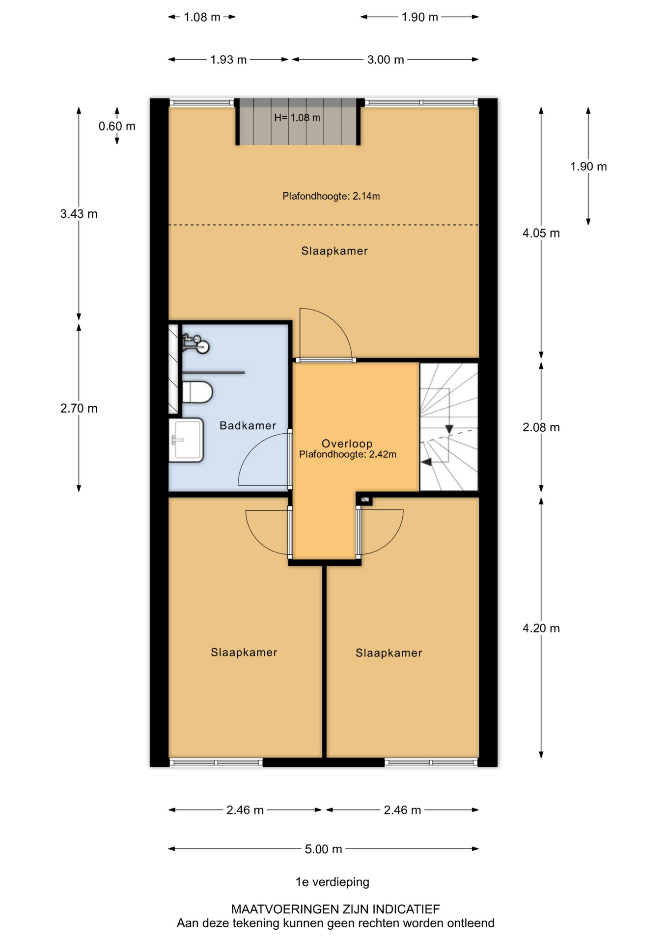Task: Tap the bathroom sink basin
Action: (x=186, y=440)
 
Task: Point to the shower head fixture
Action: (x=196, y=343)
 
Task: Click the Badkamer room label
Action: (x=248, y=425)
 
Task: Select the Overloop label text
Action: (x=347, y=444)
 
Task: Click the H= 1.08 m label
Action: (x=297, y=118)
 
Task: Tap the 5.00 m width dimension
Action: (x=323, y=849)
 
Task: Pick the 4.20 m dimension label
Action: (x=541, y=628)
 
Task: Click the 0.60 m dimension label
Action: (x=117, y=126)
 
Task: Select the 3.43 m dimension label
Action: (x=79, y=214)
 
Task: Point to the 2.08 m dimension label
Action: (x=541, y=427)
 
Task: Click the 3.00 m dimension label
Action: (x=386, y=60)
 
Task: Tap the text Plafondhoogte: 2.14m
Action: (x=331, y=196)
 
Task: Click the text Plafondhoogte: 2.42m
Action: (x=348, y=454)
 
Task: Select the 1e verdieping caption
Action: (x=333, y=882)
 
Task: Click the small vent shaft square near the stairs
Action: (x=365, y=500)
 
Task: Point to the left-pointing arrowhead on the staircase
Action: (x=426, y=462)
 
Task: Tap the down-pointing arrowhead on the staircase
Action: (x=449, y=429)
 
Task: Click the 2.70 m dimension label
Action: (x=79, y=408)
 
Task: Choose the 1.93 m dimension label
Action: (x=228, y=60)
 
